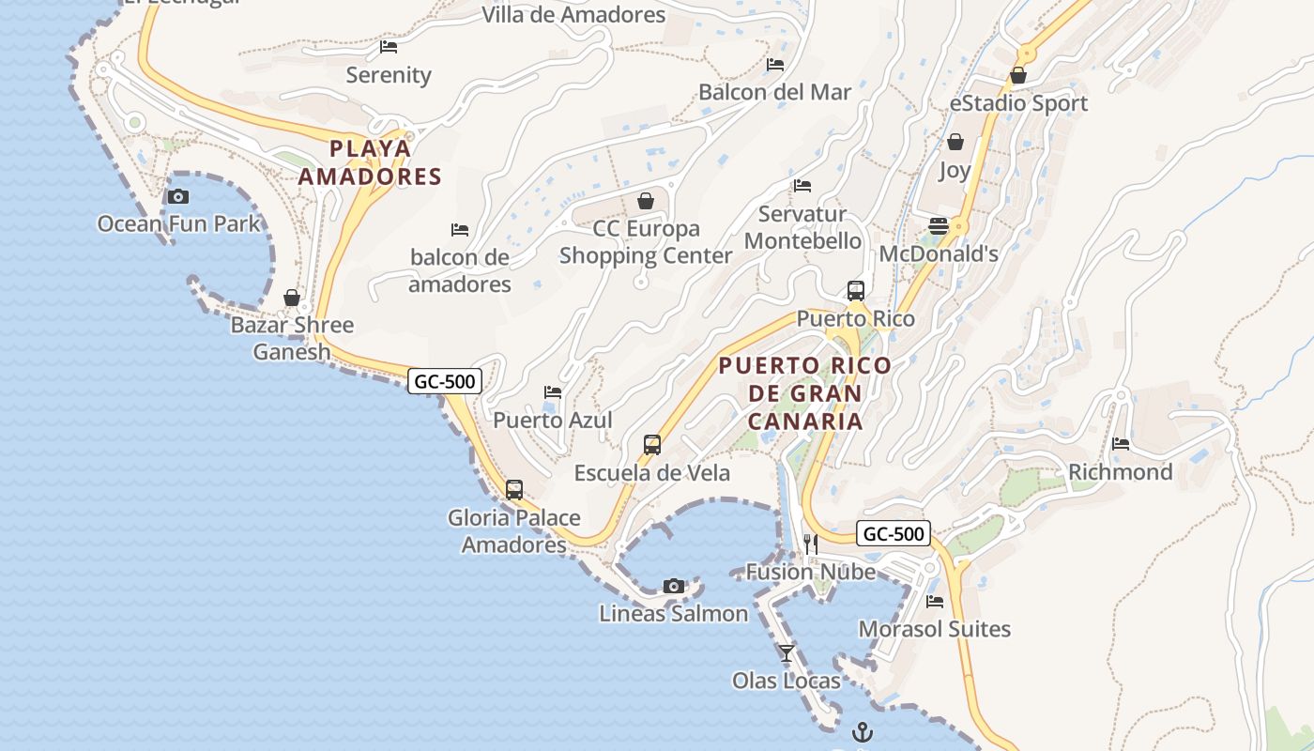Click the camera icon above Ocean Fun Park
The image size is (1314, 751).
click(177, 196)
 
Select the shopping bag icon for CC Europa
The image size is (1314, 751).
click(646, 200)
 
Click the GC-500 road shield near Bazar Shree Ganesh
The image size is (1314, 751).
click(446, 380)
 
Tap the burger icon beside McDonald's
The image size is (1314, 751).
click(938, 225)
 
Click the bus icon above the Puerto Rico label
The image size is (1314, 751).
click(855, 290)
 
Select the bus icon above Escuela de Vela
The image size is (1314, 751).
click(651, 444)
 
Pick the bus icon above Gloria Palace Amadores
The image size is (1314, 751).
click(513, 489)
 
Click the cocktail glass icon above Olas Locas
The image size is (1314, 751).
click(787, 652)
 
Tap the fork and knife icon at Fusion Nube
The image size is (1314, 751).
click(811, 544)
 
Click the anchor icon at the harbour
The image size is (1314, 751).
click(862, 732)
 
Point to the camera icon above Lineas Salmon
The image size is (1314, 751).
click(673, 586)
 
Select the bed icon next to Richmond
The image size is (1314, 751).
click(1120, 443)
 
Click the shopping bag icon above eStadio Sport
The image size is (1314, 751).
click(1018, 75)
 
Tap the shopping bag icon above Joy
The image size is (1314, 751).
click(955, 142)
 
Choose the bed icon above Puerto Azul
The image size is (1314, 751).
click(553, 391)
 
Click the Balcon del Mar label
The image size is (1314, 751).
click(774, 92)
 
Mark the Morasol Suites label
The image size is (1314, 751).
click(935, 629)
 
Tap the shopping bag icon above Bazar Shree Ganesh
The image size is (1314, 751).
click(292, 298)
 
